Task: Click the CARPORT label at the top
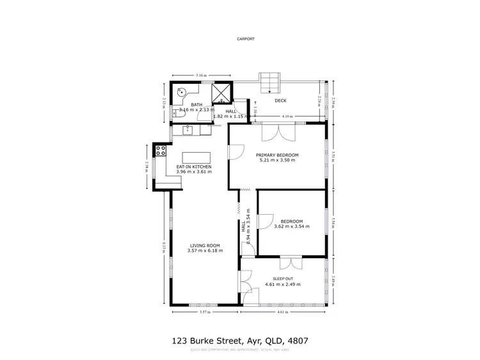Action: point(246,39)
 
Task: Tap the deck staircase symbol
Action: point(269,82)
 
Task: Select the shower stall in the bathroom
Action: point(221,93)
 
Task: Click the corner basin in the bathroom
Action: point(180,91)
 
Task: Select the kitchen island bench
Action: point(196,157)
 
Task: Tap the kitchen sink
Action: point(188,130)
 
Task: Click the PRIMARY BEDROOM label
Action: point(277,155)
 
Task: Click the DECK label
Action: point(280,100)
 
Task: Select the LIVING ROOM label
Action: point(204,245)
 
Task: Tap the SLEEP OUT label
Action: point(282,279)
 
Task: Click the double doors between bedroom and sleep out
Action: point(289,262)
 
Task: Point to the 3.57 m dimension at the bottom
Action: point(204,313)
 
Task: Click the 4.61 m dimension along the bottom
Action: point(282,313)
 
